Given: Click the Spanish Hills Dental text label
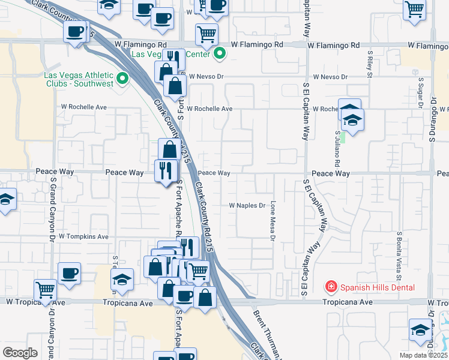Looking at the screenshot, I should [377, 287].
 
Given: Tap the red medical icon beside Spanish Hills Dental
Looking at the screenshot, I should [330, 287].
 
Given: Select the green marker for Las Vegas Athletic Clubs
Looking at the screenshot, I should [124, 78].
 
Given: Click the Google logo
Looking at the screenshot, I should [20, 353].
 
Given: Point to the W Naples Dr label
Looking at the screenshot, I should [247, 205].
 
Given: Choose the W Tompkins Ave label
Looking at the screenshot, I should [83, 237].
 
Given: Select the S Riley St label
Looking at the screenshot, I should [370, 67].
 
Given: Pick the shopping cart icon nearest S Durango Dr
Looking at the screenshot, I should [414, 10].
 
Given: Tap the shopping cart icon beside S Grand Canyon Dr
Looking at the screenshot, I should [45, 290].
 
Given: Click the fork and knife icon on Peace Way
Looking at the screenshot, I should [166, 170].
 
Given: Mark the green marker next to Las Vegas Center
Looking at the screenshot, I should [220, 55].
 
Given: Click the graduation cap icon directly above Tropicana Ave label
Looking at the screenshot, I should [122, 279].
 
